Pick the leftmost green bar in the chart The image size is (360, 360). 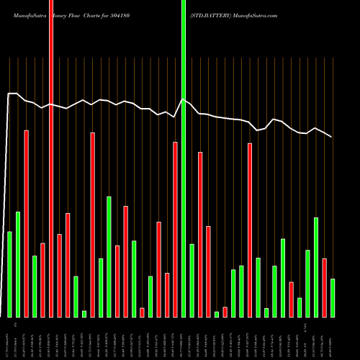(x=9, y=274)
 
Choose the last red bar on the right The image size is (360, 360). (x=324, y=287)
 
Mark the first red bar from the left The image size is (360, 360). (x=26, y=224)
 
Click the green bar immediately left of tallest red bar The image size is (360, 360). (x=35, y=287)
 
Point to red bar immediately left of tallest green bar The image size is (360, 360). (x=175, y=230)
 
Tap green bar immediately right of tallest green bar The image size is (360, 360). (x=192, y=281)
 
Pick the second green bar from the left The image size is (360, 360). (x=18, y=265)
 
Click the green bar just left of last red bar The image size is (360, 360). (x=316, y=267)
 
